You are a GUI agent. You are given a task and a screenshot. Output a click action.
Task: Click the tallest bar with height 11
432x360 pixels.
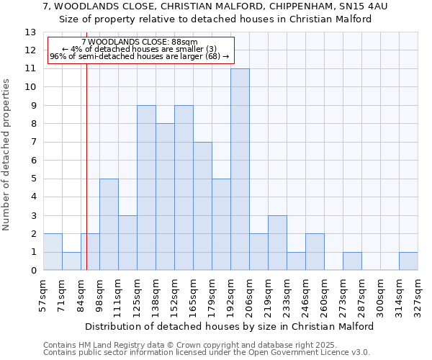coord(240,169)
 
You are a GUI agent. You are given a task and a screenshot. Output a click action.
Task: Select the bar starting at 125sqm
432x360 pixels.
coord(146,188)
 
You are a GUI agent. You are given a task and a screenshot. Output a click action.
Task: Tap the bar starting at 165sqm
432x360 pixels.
coord(202,206)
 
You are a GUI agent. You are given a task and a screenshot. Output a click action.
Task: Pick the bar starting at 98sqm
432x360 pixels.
coord(109,225)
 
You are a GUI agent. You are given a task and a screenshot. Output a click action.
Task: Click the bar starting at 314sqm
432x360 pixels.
coord(408,261)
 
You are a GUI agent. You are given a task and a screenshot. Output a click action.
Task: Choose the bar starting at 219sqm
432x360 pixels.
coord(277,243)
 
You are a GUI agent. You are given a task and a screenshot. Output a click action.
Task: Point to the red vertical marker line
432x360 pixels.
coord(86,180)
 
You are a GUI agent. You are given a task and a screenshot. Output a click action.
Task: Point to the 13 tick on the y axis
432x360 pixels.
coord(30,32)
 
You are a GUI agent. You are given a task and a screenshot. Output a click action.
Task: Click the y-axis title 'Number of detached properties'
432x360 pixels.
coord(7,155)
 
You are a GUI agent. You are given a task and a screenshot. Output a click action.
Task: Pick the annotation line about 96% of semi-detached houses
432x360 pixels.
coord(140,56)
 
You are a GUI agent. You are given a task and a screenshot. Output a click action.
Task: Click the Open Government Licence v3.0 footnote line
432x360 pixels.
coord(207,353)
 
